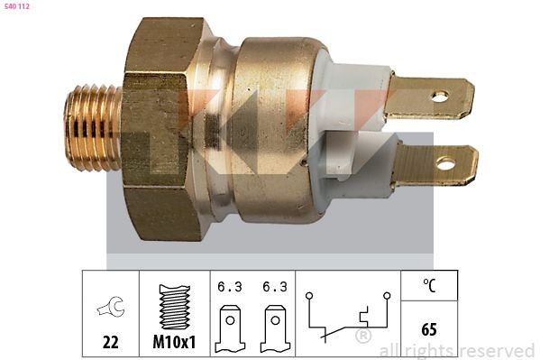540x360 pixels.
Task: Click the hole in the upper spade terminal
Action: (439, 96)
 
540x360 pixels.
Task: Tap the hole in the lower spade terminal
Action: (444, 164)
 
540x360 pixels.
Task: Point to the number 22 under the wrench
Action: (110, 344)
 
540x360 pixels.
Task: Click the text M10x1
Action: (174, 344)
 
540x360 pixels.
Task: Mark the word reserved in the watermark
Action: (497, 350)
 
